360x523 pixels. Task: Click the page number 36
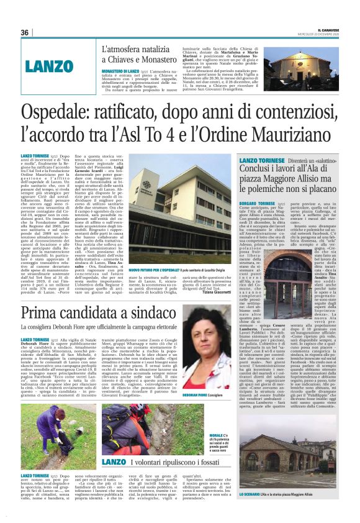point(25,32)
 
